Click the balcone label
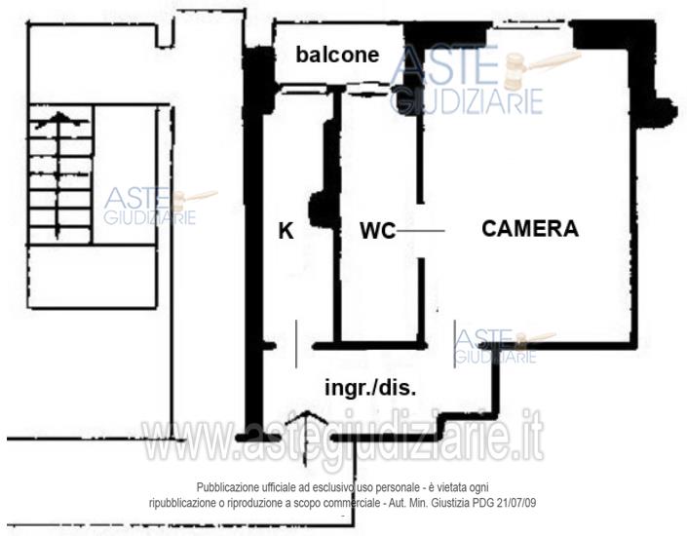click(x=337, y=55)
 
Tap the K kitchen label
click(x=286, y=231)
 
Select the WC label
click(x=378, y=231)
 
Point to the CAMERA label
click(x=530, y=229)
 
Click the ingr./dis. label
click(x=370, y=388)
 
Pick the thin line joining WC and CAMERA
click(x=420, y=231)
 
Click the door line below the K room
click(x=296, y=344)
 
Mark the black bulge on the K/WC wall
click(x=320, y=210)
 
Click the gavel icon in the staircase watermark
click(x=193, y=201)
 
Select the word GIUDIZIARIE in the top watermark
click(x=468, y=100)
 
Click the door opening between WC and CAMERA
click(x=421, y=231)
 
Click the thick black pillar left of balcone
click(x=258, y=80)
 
